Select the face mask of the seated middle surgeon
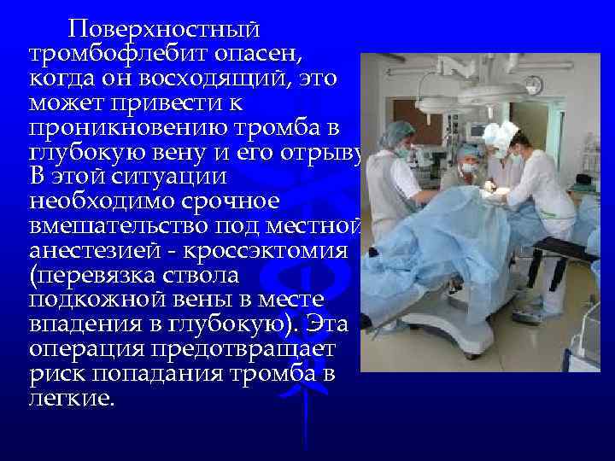point(466,168)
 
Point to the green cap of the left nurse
point(401,132)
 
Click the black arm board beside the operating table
point(563,248)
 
